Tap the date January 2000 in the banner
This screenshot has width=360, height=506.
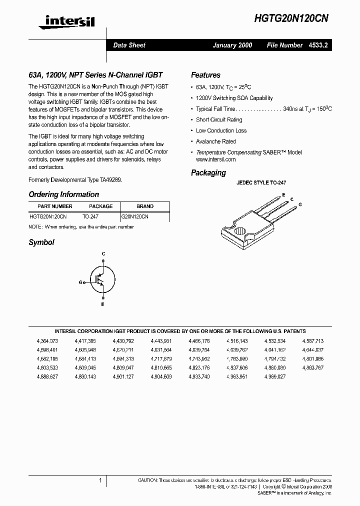(232, 45)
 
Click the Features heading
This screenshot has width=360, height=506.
(205, 75)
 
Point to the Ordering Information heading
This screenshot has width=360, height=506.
(63, 194)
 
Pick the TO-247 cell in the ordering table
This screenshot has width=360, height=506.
(90, 217)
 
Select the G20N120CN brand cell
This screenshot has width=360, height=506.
(134, 217)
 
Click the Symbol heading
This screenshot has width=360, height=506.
(41, 242)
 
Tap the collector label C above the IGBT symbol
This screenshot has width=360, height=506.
(103, 254)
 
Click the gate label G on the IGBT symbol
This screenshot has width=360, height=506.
(80, 282)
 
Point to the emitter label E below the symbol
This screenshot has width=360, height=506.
(103, 304)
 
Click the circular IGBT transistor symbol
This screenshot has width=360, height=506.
(102, 279)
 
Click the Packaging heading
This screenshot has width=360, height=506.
(208, 173)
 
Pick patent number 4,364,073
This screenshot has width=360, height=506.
(47, 340)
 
